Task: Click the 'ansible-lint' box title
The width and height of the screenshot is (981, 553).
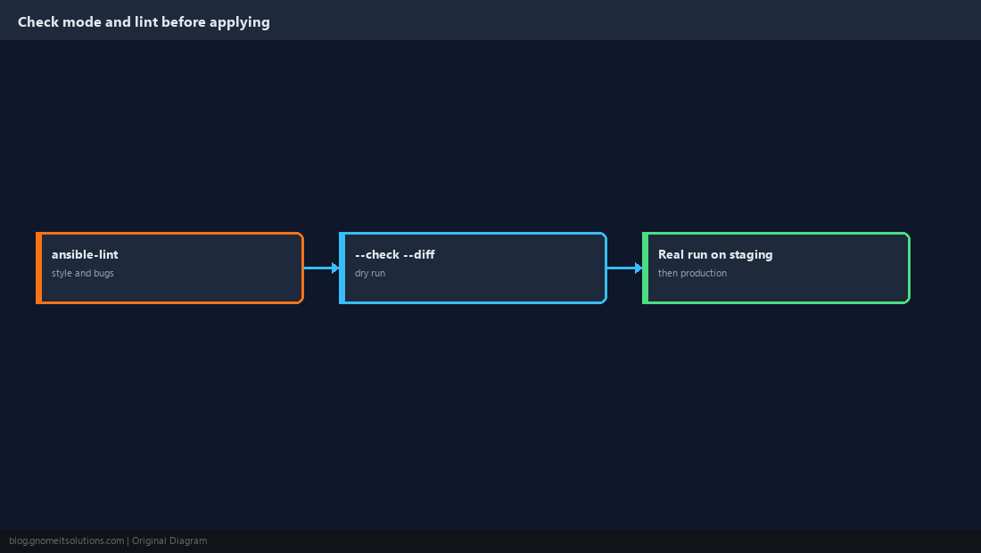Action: (x=85, y=254)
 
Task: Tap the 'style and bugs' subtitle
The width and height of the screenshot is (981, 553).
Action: (x=83, y=273)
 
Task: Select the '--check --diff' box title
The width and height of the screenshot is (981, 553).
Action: (x=395, y=254)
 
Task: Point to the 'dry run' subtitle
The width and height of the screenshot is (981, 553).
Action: (x=370, y=273)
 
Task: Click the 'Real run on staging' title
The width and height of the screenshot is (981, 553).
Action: (x=715, y=254)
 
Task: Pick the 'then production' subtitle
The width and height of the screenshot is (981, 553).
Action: (x=692, y=273)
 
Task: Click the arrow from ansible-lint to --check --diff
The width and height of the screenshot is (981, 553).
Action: (x=322, y=268)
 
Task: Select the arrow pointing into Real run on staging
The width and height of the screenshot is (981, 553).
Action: (x=625, y=268)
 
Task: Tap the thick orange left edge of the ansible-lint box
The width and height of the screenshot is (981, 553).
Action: (x=38, y=268)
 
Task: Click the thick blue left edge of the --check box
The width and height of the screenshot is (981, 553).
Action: (x=342, y=268)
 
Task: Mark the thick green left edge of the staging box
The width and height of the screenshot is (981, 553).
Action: (x=646, y=268)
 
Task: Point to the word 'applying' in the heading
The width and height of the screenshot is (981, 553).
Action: (x=240, y=22)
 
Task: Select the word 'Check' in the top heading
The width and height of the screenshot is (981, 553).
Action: (x=38, y=22)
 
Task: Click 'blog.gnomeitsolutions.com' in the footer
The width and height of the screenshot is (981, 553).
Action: (x=66, y=541)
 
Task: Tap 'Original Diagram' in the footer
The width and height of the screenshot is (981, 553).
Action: (x=169, y=541)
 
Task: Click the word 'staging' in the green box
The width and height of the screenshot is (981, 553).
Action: (x=751, y=255)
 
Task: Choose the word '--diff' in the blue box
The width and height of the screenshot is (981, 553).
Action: (x=419, y=254)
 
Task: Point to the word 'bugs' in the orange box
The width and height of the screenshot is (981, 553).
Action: (x=103, y=273)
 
